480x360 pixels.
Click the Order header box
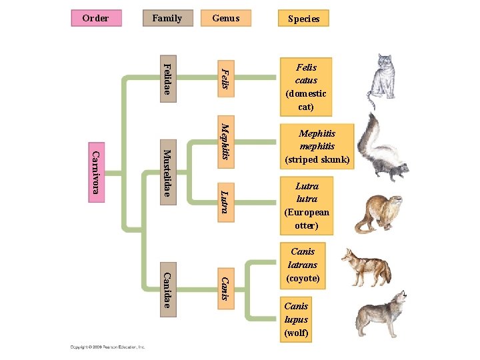97,18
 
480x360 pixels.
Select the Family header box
167,18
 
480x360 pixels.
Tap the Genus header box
226,18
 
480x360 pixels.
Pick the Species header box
304,19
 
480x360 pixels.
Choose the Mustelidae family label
168,173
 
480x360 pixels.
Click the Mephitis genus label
227,141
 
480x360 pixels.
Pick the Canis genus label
227,288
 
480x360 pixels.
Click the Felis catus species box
306,87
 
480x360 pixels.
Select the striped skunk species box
317,147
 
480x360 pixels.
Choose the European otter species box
307,206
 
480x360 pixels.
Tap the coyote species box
303,265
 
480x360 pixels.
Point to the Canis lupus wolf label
296,319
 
